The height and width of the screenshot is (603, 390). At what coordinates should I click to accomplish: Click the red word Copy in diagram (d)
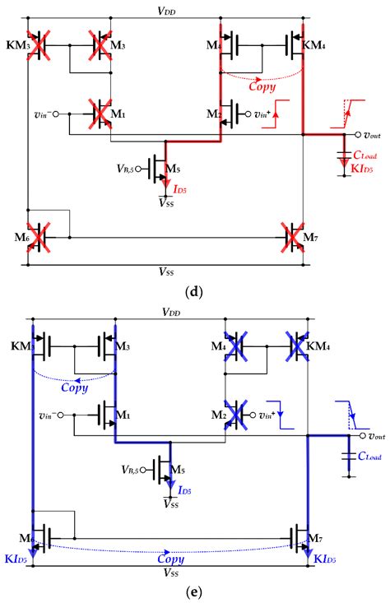coord(260,85)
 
